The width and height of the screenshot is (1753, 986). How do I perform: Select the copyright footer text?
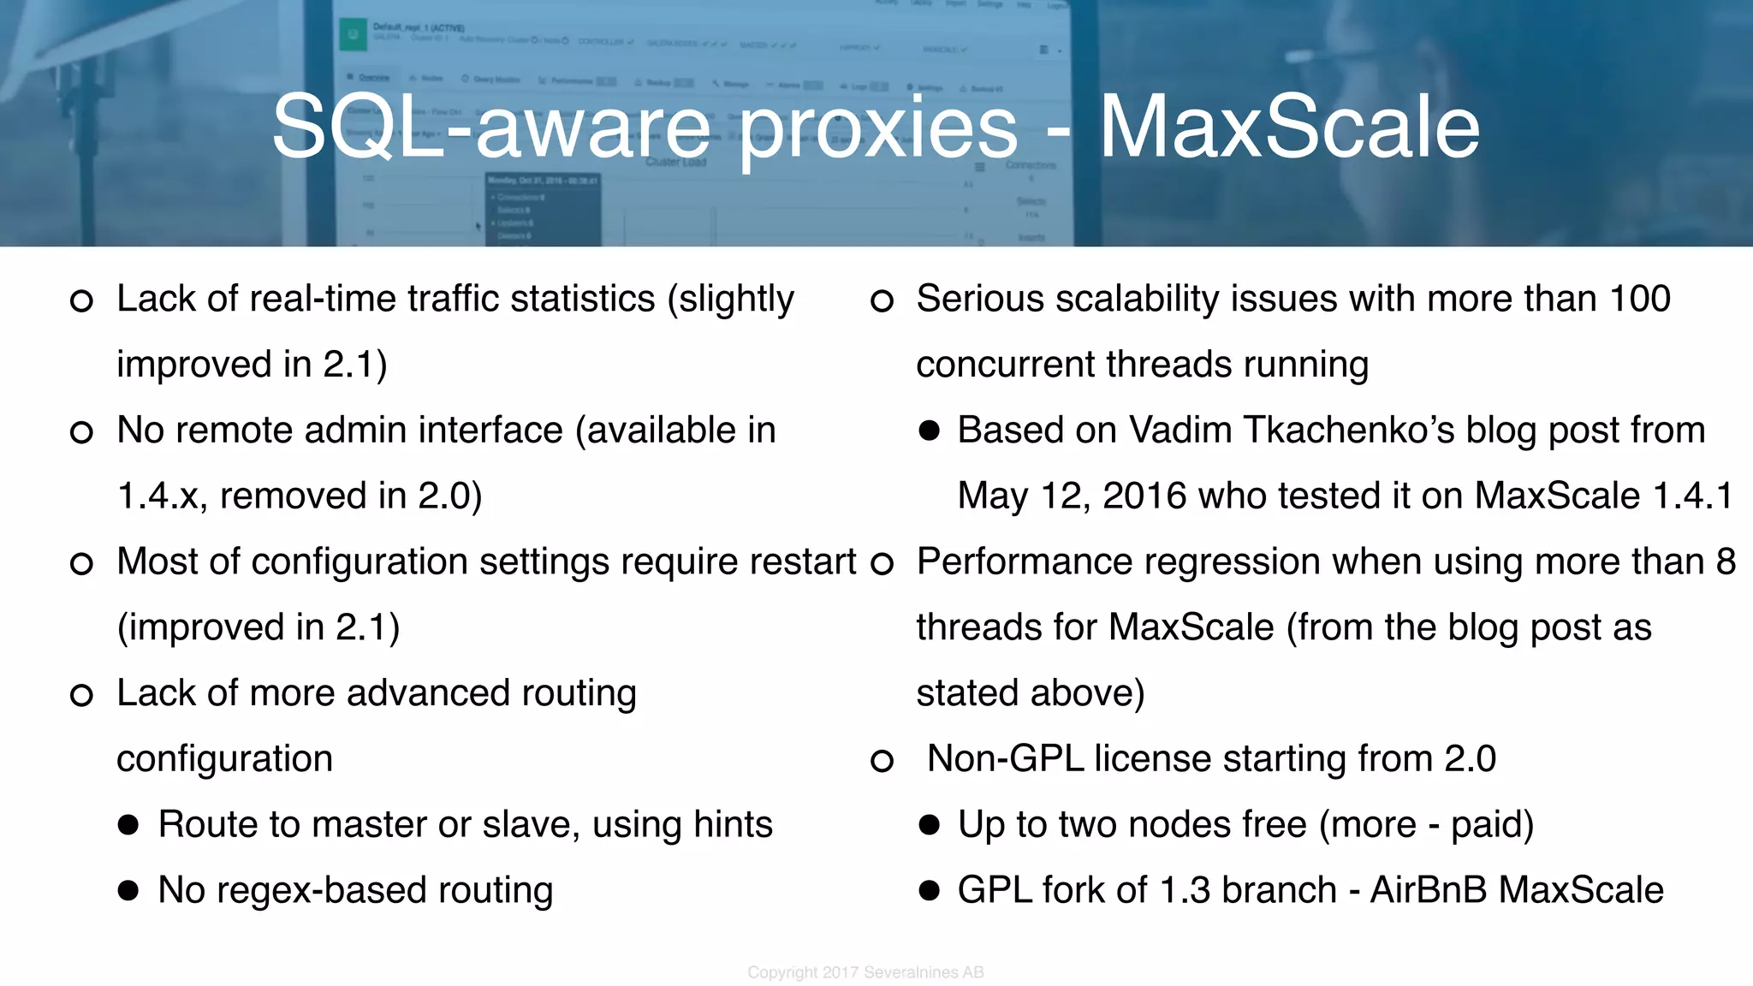pos(865,972)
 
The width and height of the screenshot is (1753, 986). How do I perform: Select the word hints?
pos(733,824)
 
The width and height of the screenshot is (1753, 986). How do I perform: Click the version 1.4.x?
pos(161,496)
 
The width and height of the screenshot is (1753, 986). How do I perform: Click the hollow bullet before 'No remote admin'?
pos(81,432)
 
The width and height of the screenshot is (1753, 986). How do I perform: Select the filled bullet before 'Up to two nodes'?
pos(929,825)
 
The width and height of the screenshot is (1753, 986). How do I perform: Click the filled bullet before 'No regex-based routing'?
pos(128,891)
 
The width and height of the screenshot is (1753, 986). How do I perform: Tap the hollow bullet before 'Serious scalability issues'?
pos(882,301)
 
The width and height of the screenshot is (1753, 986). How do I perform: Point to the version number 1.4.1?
pos(1692,496)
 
